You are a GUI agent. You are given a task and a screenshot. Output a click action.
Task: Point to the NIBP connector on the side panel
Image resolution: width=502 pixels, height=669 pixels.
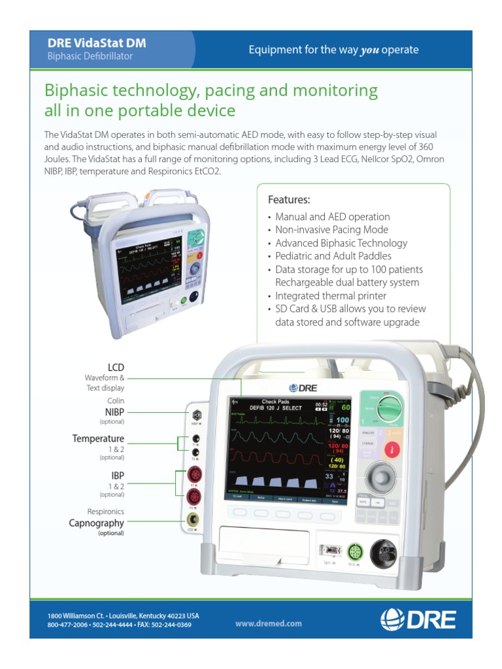click(x=195, y=414)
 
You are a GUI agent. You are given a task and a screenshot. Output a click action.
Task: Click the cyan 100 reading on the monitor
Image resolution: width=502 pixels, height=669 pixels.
click(x=343, y=419)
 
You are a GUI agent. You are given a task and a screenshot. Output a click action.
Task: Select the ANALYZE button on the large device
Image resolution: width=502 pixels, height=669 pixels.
click(x=367, y=432)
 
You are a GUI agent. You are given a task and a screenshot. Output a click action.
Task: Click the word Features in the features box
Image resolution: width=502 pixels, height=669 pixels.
click(x=289, y=199)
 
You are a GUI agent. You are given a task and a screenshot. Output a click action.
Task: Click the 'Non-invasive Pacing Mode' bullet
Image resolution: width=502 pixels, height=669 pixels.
click(x=331, y=229)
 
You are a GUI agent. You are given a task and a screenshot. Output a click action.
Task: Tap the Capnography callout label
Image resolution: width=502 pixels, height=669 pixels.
click(x=96, y=523)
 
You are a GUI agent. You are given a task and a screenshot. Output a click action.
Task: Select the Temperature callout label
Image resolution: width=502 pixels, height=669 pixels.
click(x=98, y=438)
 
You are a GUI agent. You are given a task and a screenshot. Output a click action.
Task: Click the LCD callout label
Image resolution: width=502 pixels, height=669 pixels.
click(x=116, y=367)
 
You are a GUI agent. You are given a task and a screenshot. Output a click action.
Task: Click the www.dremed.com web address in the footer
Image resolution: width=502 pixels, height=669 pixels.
click(x=269, y=623)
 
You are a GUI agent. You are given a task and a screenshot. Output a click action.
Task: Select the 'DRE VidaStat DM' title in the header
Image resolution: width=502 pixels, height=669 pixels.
click(x=97, y=43)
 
